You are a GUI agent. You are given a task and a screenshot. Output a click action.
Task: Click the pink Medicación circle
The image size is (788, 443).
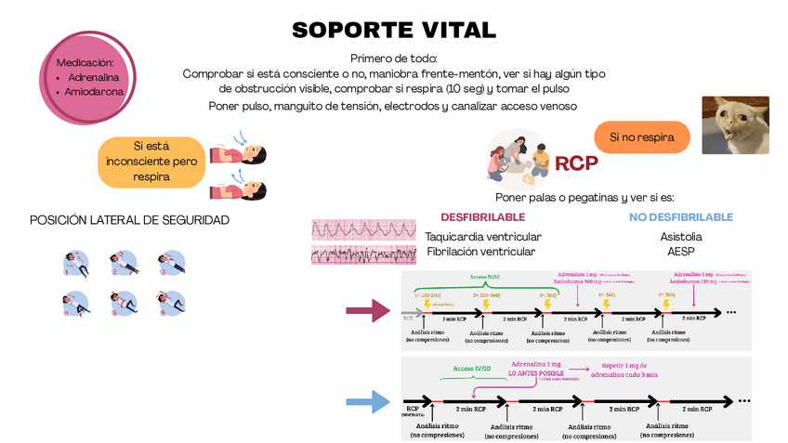click(x=85, y=78)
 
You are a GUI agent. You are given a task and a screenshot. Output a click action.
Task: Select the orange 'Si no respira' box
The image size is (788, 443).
click(x=642, y=137)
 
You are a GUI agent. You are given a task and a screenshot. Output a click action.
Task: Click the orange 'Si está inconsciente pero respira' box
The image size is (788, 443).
click(x=151, y=161)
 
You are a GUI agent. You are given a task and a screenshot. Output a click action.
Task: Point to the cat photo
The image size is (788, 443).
click(x=732, y=125)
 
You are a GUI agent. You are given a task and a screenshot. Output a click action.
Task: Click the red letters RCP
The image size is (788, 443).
click(x=576, y=164)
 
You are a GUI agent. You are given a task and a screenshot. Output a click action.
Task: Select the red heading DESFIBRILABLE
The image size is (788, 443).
click(x=482, y=216)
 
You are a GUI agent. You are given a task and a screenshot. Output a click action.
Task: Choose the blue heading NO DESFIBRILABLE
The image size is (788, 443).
click(x=681, y=216)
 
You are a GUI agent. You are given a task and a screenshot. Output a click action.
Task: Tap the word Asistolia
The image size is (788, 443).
click(x=681, y=237)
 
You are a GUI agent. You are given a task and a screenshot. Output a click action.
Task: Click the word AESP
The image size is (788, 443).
click(x=681, y=252)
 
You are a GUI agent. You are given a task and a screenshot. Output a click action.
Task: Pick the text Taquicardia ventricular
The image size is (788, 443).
click(x=482, y=237)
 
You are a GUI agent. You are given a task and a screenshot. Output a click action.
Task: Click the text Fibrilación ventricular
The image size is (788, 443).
click(x=480, y=252)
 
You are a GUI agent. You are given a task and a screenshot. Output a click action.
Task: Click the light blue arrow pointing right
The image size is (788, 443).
click(x=367, y=401)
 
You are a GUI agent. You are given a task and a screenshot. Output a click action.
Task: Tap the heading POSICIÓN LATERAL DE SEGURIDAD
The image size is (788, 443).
click(x=129, y=220)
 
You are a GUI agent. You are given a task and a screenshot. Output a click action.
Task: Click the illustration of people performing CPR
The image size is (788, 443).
click(x=519, y=156)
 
